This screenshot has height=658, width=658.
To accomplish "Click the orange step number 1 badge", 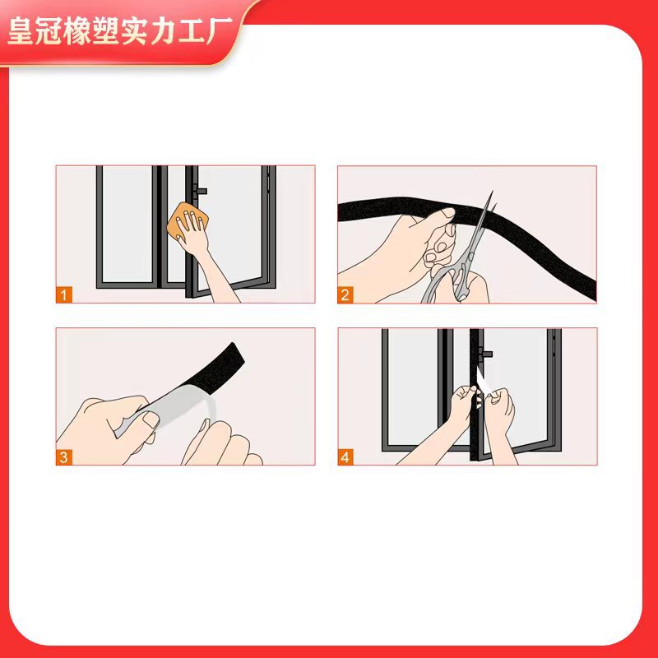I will click(64, 294).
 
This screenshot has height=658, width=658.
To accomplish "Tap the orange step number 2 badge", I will click(345, 294).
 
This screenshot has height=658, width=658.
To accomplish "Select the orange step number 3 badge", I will click(64, 457).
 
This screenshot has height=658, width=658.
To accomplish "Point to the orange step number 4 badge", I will click(345, 457).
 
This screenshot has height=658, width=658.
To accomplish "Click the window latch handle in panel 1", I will click(200, 191).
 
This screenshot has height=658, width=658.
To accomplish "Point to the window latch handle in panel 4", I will click(485, 354).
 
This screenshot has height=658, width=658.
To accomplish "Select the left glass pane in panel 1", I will click(126, 225).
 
